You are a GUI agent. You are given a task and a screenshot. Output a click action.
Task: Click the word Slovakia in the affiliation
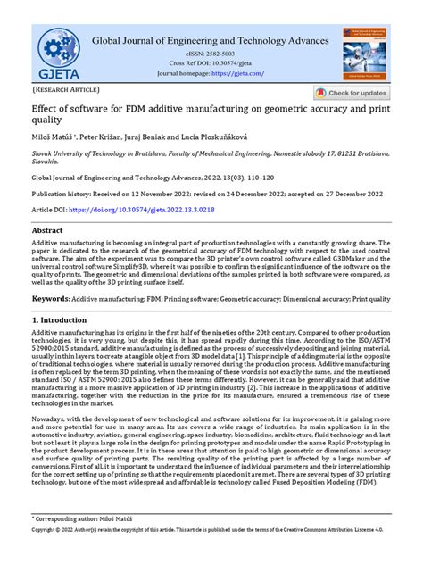click(x=49, y=164)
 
